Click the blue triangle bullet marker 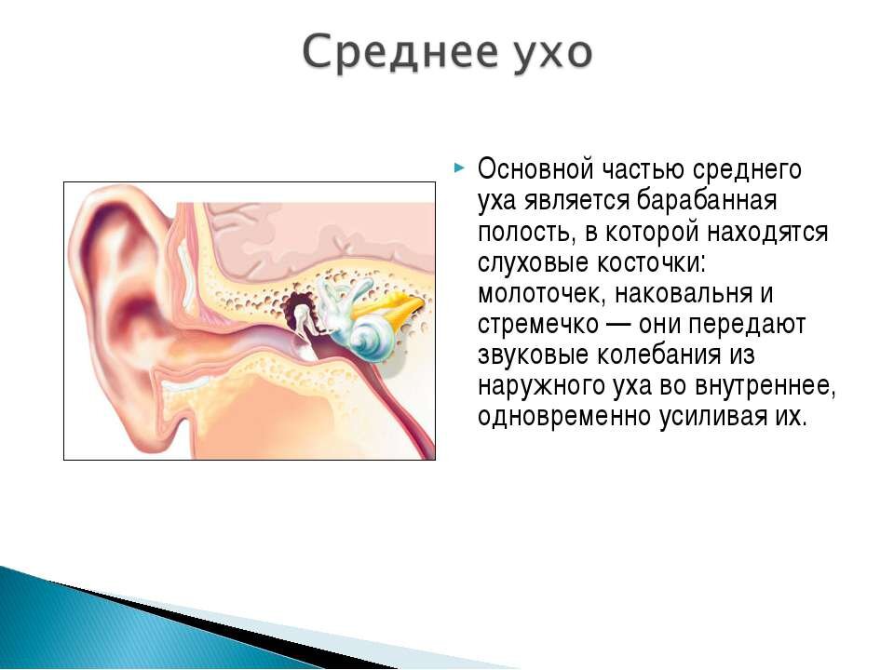click(459, 167)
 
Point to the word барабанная click(706, 200)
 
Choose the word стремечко click(538, 325)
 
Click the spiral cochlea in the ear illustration click(371, 339)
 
